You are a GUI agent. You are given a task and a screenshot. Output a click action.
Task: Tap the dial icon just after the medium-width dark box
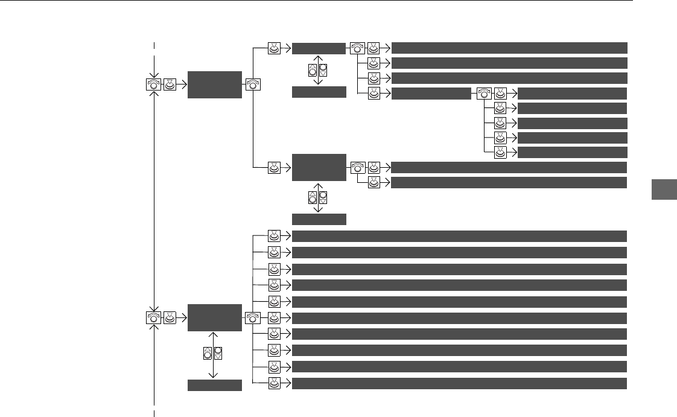coord(483,94)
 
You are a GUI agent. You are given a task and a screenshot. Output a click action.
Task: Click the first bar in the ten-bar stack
coord(459,236)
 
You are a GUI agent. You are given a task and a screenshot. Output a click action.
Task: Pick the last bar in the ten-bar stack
coord(459,383)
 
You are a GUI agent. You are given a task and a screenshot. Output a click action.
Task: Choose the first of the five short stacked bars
coord(572,94)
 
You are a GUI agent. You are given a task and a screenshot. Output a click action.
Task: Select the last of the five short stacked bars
coord(572,152)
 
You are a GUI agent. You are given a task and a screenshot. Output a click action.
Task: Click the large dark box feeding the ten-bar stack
coord(214,317)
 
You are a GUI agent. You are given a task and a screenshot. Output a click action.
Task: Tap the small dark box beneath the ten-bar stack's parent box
coord(214,386)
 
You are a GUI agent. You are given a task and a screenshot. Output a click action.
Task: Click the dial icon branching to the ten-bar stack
coord(252,317)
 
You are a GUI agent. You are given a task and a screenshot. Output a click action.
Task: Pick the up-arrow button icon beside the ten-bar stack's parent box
coord(207,354)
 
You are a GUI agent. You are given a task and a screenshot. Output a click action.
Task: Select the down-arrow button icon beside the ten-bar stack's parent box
coord(218,354)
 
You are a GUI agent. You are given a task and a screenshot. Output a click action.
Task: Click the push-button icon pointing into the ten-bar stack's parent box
coord(170,317)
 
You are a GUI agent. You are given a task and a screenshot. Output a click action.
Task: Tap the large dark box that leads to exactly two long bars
coord(319,167)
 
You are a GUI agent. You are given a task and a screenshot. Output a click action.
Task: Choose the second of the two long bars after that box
coord(509,182)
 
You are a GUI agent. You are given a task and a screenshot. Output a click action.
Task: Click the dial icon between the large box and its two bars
coord(357,167)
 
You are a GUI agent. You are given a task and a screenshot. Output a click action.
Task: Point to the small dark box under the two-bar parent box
coord(319,218)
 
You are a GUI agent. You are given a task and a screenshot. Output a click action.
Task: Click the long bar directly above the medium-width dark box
coord(509,78)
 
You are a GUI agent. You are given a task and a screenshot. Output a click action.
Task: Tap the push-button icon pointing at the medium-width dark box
coord(374,94)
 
